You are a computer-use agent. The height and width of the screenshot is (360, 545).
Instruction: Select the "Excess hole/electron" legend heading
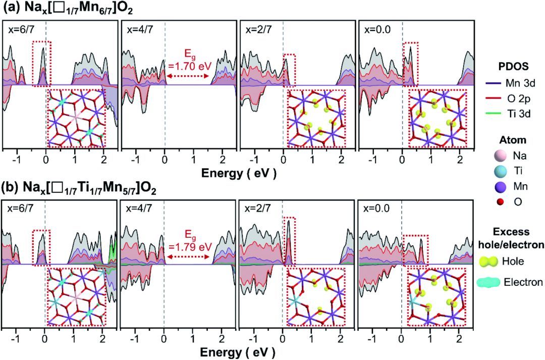click(511, 238)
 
